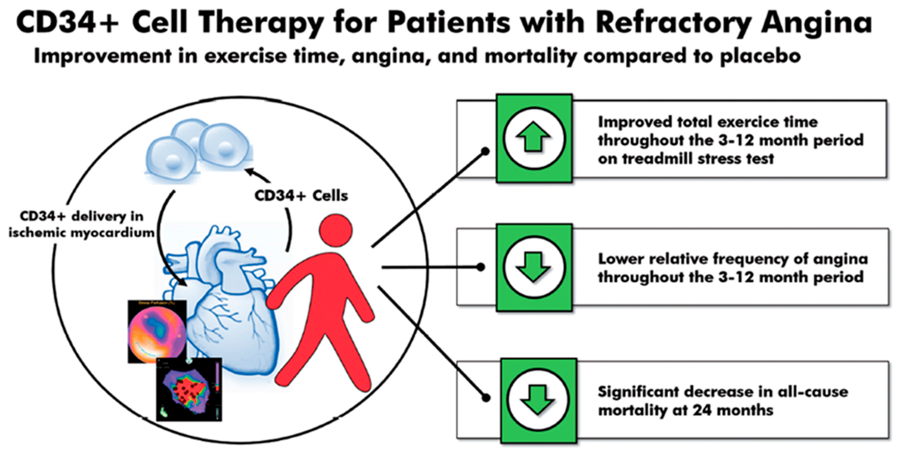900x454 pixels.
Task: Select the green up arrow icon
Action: click(533, 137)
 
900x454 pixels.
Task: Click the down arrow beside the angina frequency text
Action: click(533, 267)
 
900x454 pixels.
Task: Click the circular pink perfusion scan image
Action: click(157, 332)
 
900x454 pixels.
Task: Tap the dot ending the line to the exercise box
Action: click(485, 152)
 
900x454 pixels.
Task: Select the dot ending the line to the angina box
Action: click(481, 267)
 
